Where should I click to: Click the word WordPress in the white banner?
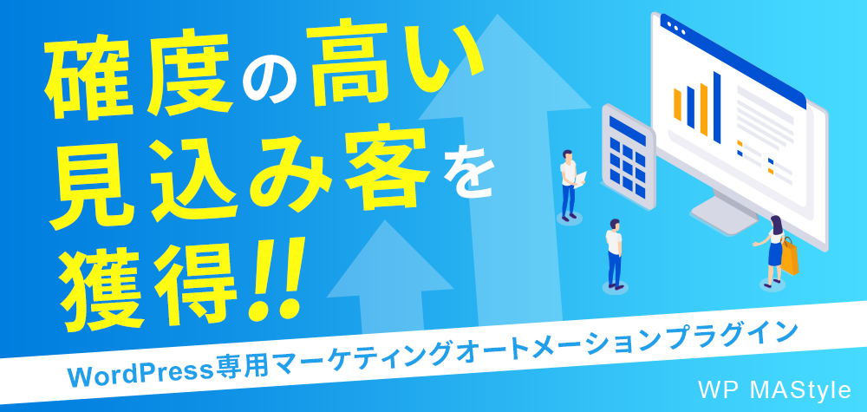[140, 375]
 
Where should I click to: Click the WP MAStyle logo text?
[773, 390]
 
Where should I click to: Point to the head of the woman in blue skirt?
[776, 225]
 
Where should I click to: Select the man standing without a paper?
[615, 253]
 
